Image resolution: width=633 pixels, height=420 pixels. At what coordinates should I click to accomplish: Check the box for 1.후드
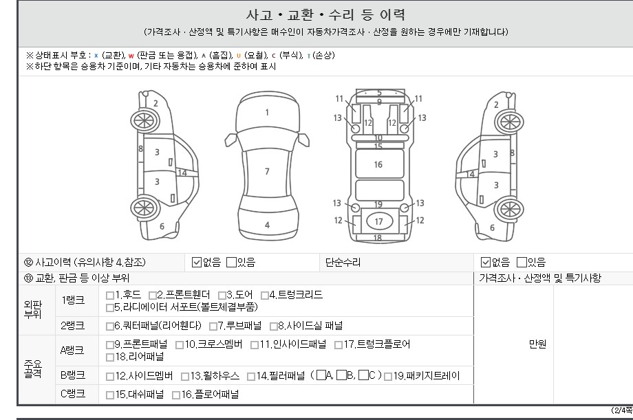coord(110,296)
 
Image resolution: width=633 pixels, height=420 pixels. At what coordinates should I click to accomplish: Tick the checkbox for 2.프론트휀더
coord(153,296)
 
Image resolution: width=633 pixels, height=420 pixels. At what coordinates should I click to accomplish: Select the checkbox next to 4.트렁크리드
coord(265,296)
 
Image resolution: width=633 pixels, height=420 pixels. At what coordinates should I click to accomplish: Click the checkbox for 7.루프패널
coord(213,326)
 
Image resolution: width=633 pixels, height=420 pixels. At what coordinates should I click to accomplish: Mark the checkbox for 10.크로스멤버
coord(180,345)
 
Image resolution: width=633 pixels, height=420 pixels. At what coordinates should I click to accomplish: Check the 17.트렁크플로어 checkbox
coord(339,345)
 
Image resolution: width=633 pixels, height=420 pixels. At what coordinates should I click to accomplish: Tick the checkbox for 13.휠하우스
coord(185,377)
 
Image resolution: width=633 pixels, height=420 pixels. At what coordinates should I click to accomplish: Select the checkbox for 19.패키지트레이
coord(388,377)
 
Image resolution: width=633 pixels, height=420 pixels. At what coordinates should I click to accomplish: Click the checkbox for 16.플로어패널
coord(176,395)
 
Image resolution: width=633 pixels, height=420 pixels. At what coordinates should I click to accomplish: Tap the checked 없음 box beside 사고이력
coord(197,263)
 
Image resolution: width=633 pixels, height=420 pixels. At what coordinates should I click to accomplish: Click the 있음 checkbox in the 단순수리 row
coord(522,263)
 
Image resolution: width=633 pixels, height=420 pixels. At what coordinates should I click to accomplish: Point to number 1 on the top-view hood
coord(267,113)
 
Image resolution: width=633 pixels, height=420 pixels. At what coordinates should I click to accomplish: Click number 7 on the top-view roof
coord(267,171)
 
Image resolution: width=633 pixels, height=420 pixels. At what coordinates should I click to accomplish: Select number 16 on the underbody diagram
coord(378,164)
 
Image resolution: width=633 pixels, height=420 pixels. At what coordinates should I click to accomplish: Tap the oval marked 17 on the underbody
coord(379,221)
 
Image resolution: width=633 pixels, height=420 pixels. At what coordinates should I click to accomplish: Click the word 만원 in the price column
coord(537,344)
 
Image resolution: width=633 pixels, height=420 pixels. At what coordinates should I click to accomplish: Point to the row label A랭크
coord(72,350)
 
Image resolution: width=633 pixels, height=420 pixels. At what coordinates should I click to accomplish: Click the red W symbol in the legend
coord(131,56)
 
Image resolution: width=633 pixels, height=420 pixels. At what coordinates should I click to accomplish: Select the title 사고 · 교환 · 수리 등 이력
coord(325,15)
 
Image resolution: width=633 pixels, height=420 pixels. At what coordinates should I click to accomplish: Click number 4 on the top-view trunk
coord(267,225)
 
